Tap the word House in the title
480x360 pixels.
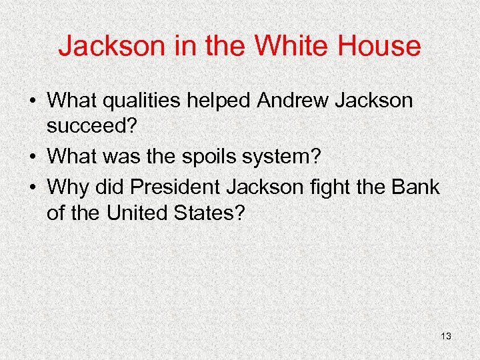point(378,46)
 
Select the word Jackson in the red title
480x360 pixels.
point(103,46)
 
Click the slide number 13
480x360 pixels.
point(446,337)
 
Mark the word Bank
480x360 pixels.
point(417,187)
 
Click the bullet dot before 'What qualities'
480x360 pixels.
point(32,102)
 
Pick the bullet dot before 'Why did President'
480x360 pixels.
point(32,188)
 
